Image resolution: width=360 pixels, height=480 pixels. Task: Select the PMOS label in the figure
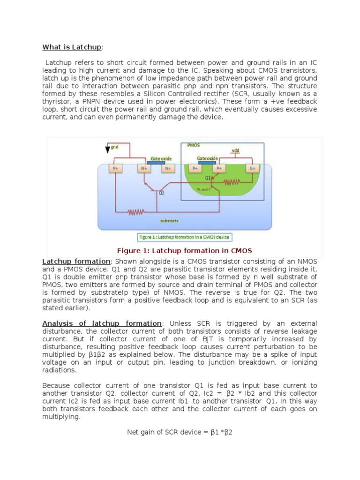[193, 146]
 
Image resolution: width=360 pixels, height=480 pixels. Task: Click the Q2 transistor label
[161, 192]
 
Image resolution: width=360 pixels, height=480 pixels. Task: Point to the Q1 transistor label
[208, 178]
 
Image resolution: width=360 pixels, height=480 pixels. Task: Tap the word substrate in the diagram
[169, 220]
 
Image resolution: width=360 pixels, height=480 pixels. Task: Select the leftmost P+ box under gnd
[115, 168]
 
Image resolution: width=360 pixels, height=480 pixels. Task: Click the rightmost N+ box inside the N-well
[253, 168]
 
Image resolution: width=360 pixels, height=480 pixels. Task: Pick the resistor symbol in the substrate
[136, 212]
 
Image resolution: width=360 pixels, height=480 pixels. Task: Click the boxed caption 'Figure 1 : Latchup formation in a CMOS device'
[184, 237]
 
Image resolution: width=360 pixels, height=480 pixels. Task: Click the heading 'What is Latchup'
[71, 47]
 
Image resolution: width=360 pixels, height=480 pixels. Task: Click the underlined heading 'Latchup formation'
[76, 261]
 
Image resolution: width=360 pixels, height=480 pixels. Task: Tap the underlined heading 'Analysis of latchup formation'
[102, 323]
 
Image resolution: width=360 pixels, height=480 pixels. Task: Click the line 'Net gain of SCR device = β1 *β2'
[180, 431]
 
